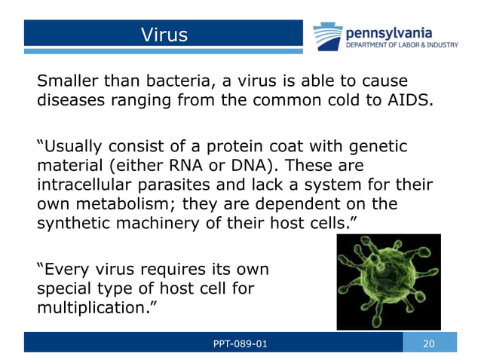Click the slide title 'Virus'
point(164,34)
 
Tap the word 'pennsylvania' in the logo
point(388,32)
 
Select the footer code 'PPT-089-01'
point(240,343)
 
